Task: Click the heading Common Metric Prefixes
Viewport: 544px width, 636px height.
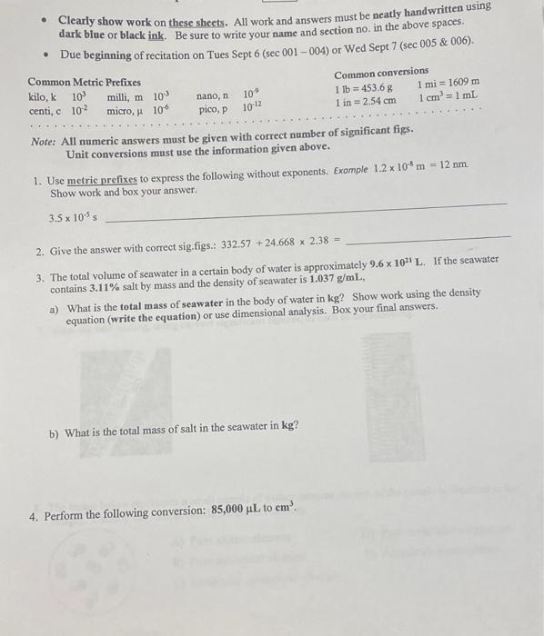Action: point(84,81)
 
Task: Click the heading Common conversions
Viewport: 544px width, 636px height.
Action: point(380,72)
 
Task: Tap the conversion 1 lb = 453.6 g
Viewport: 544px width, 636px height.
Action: point(364,87)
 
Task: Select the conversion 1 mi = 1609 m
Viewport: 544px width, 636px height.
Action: point(448,83)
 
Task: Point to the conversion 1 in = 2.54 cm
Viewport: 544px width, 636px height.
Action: point(365,102)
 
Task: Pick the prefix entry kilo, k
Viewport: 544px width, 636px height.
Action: point(43,96)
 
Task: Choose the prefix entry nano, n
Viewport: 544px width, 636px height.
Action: point(212,94)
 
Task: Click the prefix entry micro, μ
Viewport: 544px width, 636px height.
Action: point(127,111)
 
